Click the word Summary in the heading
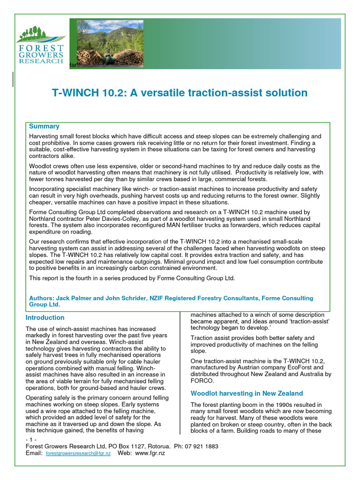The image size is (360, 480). click(44, 127)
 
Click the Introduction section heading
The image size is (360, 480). click(45, 318)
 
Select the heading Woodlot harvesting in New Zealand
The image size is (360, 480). click(247, 393)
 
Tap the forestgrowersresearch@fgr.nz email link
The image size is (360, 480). click(78, 454)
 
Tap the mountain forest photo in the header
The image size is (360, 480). click(110, 42)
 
